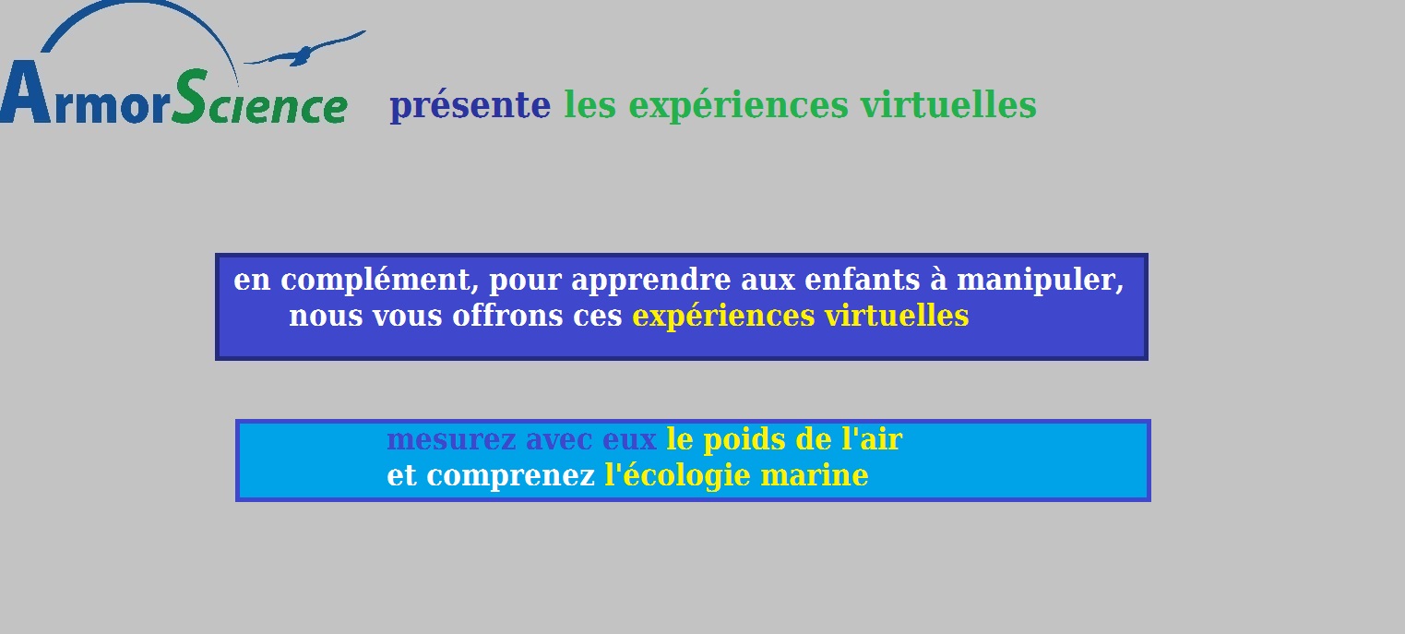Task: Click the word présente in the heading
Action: click(470, 105)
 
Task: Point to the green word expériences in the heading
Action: click(738, 105)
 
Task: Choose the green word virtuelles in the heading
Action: click(948, 104)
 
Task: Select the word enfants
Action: click(863, 280)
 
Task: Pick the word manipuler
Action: click(1040, 281)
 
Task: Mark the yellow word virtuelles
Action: click(897, 315)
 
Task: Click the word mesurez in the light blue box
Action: click(452, 439)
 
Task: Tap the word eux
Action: click(629, 440)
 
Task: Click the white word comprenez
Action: click(510, 476)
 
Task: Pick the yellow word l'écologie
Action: click(677, 476)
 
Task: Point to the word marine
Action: click(815, 475)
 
